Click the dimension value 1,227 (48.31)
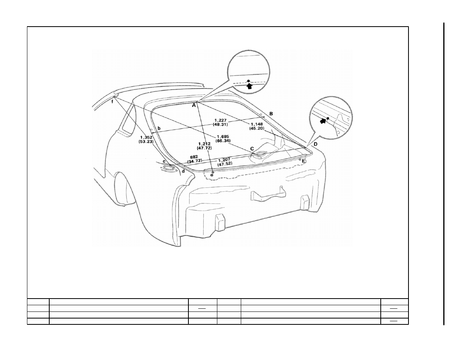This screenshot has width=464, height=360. [x=220, y=122]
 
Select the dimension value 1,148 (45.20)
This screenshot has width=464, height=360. [x=256, y=126]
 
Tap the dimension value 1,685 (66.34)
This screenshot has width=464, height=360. [x=224, y=139]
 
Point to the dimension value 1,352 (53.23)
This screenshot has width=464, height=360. [x=146, y=140]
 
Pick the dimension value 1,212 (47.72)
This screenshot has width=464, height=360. [x=204, y=146]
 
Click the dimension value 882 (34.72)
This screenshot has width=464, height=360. [x=194, y=159]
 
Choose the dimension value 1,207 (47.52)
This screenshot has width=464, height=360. [x=225, y=162]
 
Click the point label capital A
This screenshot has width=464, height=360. [x=194, y=105]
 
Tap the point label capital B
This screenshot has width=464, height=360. [x=271, y=114]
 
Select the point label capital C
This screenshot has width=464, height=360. [x=252, y=149]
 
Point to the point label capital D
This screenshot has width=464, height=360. [x=315, y=144]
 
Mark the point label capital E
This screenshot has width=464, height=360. [x=303, y=161]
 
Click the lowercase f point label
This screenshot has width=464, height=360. [x=112, y=102]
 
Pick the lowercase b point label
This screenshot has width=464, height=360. [x=159, y=129]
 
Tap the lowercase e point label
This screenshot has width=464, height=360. [x=211, y=175]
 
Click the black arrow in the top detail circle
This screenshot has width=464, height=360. [x=250, y=86]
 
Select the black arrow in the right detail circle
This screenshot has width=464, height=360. [x=323, y=121]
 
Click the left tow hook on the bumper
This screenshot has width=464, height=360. [x=219, y=222]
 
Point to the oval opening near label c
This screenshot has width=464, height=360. [x=168, y=168]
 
